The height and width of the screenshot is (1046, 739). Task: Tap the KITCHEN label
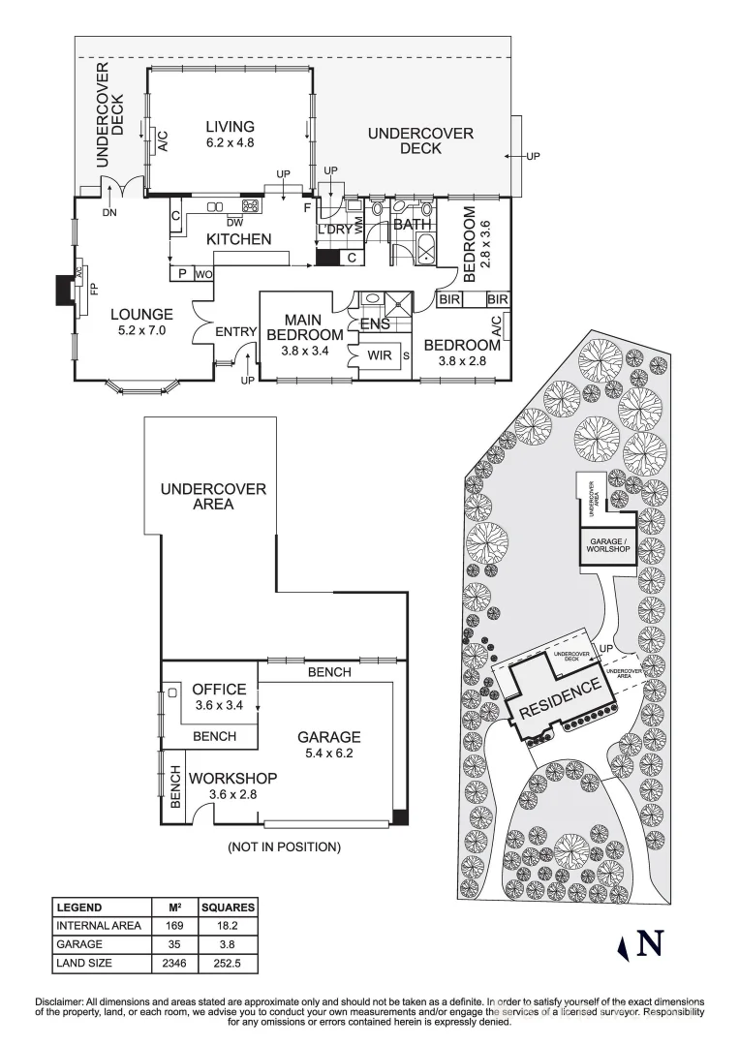tap(238, 239)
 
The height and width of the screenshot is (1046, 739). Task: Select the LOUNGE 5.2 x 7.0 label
tap(141, 322)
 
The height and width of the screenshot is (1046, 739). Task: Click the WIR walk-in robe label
tap(379, 355)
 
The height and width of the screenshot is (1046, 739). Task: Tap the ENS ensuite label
tap(375, 324)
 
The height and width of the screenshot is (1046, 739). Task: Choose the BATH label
tap(411, 226)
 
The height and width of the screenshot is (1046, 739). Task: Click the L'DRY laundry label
tap(335, 230)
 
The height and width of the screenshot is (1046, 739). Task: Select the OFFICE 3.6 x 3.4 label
tap(219, 696)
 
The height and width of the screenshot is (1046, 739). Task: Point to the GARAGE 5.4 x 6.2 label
tap(329, 744)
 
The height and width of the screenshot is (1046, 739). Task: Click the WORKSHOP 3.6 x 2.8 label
tap(232, 785)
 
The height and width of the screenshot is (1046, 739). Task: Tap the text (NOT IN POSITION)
tap(284, 847)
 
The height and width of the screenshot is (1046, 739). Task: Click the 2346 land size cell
tap(175, 963)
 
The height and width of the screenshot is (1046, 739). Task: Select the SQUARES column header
tap(228, 908)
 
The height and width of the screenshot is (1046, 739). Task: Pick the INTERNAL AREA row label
tap(99, 926)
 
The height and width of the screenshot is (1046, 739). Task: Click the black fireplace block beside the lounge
tap(65, 291)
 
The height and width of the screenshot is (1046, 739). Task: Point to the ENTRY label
tap(235, 332)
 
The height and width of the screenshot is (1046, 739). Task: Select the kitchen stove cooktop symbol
tap(251, 205)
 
